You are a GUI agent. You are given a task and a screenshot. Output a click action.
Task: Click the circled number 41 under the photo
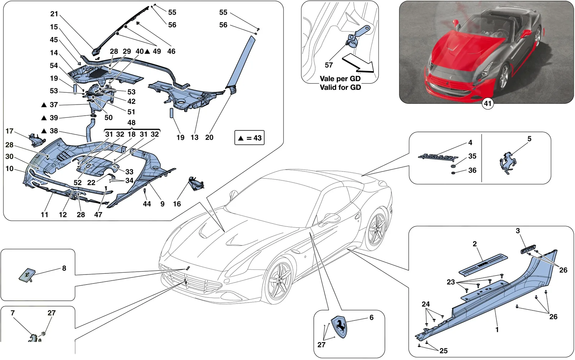point(487,103)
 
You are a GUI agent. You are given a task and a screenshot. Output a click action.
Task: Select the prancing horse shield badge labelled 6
point(339,327)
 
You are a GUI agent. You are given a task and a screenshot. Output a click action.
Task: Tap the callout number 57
point(329,65)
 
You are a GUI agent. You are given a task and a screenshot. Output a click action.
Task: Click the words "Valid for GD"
point(340,87)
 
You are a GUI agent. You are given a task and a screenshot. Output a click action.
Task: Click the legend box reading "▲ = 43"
point(249,138)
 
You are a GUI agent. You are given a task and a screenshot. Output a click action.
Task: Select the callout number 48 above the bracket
point(132,123)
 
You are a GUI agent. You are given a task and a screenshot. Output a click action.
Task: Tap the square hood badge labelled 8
point(27,275)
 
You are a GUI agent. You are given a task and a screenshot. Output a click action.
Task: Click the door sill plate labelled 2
point(483,264)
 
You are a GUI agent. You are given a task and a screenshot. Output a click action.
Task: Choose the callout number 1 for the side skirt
point(497,329)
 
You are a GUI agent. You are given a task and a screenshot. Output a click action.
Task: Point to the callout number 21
point(54,14)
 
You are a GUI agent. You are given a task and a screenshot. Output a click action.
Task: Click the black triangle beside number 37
point(44,105)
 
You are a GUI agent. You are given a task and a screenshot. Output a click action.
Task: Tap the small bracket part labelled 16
point(196,184)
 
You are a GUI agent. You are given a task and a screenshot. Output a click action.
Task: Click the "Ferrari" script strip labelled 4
point(438,157)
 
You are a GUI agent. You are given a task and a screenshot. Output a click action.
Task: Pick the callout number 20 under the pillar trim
point(209,137)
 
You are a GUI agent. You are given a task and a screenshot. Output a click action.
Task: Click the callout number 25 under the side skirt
point(443,351)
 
